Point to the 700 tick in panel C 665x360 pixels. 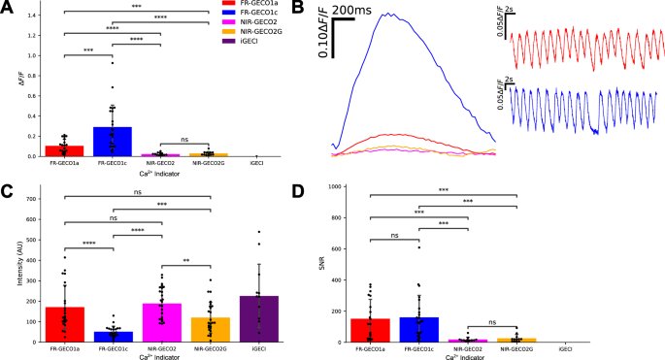[x=35, y=199]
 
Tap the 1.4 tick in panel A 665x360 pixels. [x=37, y=16]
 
